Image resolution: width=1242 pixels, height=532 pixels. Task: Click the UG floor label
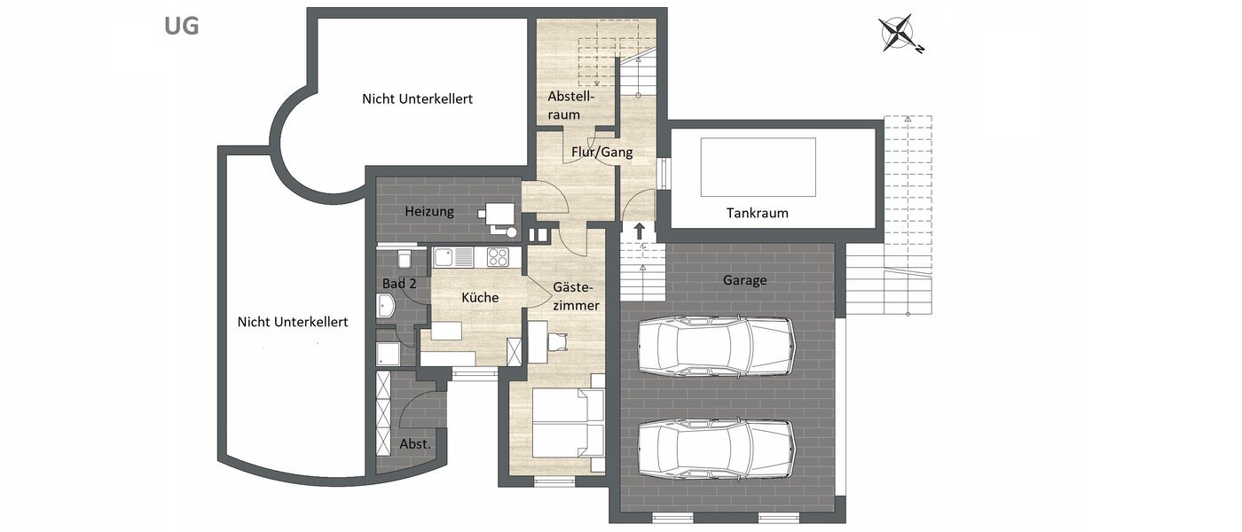pyautogui.click(x=181, y=26)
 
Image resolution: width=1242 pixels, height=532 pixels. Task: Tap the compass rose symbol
pyautogui.click(x=900, y=35)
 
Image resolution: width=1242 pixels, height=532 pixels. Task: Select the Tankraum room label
pyautogui.click(x=757, y=213)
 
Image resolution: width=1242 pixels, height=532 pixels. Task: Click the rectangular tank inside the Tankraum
pyautogui.click(x=758, y=167)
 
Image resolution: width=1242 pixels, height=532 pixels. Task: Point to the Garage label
pyautogui.click(x=744, y=280)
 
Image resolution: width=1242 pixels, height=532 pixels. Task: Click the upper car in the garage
pyautogui.click(x=714, y=346)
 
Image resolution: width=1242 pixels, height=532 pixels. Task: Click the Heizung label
pyautogui.click(x=429, y=212)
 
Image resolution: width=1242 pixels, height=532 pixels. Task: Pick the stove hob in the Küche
pyautogui.click(x=498, y=258)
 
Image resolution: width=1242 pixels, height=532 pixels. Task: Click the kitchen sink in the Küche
pyautogui.click(x=454, y=258)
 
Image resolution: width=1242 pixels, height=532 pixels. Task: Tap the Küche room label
pyautogui.click(x=479, y=298)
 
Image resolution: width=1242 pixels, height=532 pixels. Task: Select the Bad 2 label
pyautogui.click(x=399, y=284)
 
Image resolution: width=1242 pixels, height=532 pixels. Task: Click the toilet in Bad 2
pyautogui.click(x=404, y=259)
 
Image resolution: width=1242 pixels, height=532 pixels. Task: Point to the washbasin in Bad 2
pyautogui.click(x=388, y=307)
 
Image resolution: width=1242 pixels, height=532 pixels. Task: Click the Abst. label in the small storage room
pyautogui.click(x=414, y=443)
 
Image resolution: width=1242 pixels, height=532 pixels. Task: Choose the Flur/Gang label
pyautogui.click(x=601, y=153)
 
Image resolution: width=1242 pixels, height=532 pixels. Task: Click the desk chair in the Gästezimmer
pyautogui.click(x=557, y=342)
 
